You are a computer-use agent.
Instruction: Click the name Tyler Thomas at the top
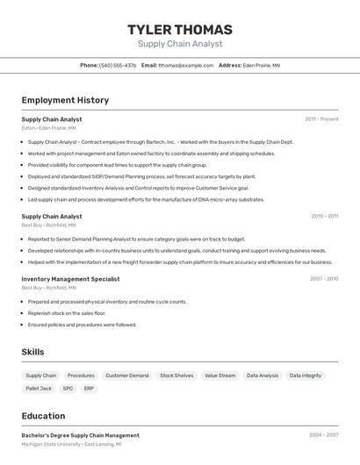(180, 29)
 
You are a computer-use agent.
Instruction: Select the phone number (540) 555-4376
(118, 65)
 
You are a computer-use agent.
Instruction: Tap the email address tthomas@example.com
(186, 65)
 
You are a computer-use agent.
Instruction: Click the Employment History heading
(65, 100)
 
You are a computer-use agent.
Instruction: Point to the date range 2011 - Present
(321, 119)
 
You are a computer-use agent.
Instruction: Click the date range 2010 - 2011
(324, 216)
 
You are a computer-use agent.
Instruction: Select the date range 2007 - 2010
(324, 279)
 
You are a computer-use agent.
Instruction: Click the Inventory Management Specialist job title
(70, 279)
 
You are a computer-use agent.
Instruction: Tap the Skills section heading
(33, 352)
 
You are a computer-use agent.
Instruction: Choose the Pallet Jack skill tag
(39, 388)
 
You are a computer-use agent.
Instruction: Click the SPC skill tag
(68, 388)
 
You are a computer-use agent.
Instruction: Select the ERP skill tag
(89, 388)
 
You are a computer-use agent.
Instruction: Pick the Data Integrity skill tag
(306, 376)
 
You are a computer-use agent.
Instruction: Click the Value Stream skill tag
(220, 376)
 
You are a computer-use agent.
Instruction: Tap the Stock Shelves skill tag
(176, 376)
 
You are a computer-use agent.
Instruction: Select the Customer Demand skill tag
(127, 376)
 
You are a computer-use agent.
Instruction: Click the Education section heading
(43, 416)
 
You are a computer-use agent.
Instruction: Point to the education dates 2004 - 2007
(323, 435)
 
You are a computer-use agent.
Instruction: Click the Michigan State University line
(71, 444)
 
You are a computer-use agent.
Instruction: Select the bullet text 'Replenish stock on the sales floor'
(67, 313)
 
